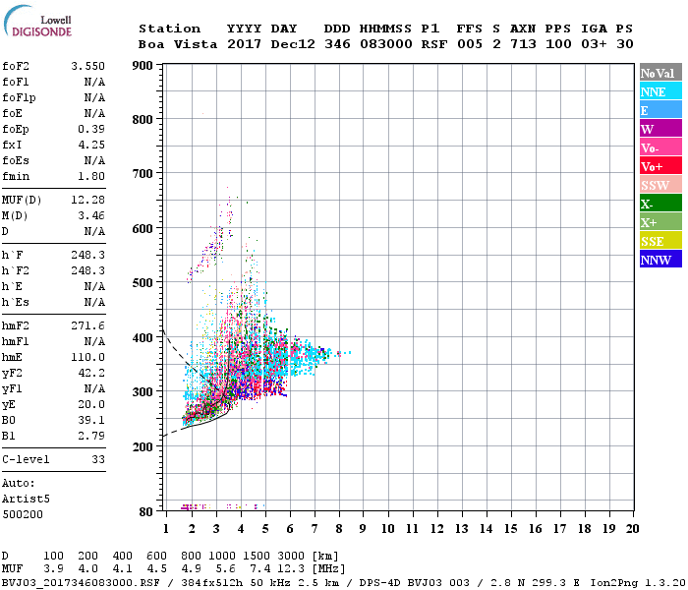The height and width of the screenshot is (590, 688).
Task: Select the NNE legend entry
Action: (x=659, y=91)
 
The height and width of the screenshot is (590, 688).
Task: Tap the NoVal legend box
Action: (x=659, y=73)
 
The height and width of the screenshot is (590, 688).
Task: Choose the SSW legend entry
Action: (x=659, y=185)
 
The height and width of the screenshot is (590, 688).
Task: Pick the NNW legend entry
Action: (x=659, y=260)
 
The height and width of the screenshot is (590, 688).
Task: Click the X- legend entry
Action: (x=659, y=204)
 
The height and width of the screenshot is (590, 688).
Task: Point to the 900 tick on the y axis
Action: (x=143, y=66)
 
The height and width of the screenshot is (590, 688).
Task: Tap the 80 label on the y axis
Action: (x=146, y=512)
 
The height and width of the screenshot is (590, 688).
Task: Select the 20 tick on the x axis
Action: (x=631, y=528)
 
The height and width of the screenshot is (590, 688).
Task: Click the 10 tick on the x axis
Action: (x=388, y=528)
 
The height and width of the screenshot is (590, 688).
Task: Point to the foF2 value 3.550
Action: (x=87, y=66)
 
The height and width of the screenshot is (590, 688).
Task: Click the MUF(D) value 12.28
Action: (x=87, y=200)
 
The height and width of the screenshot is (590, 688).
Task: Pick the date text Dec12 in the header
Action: (x=289, y=44)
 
